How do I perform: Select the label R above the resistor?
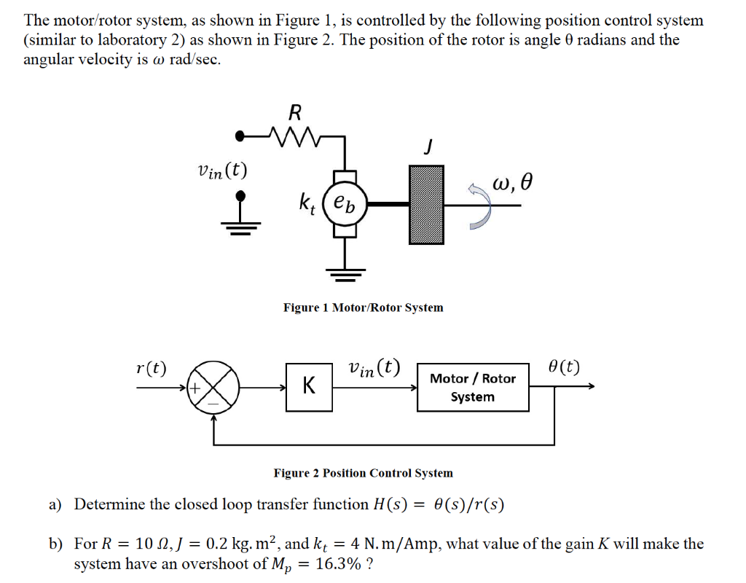tap(294, 112)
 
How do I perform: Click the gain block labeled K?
tap(310, 387)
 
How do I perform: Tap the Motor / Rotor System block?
tap(472, 388)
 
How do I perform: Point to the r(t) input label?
tap(151, 367)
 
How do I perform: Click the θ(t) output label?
tap(565, 366)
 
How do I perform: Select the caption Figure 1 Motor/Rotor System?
tap(363, 308)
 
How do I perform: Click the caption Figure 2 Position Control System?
tap(363, 473)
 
